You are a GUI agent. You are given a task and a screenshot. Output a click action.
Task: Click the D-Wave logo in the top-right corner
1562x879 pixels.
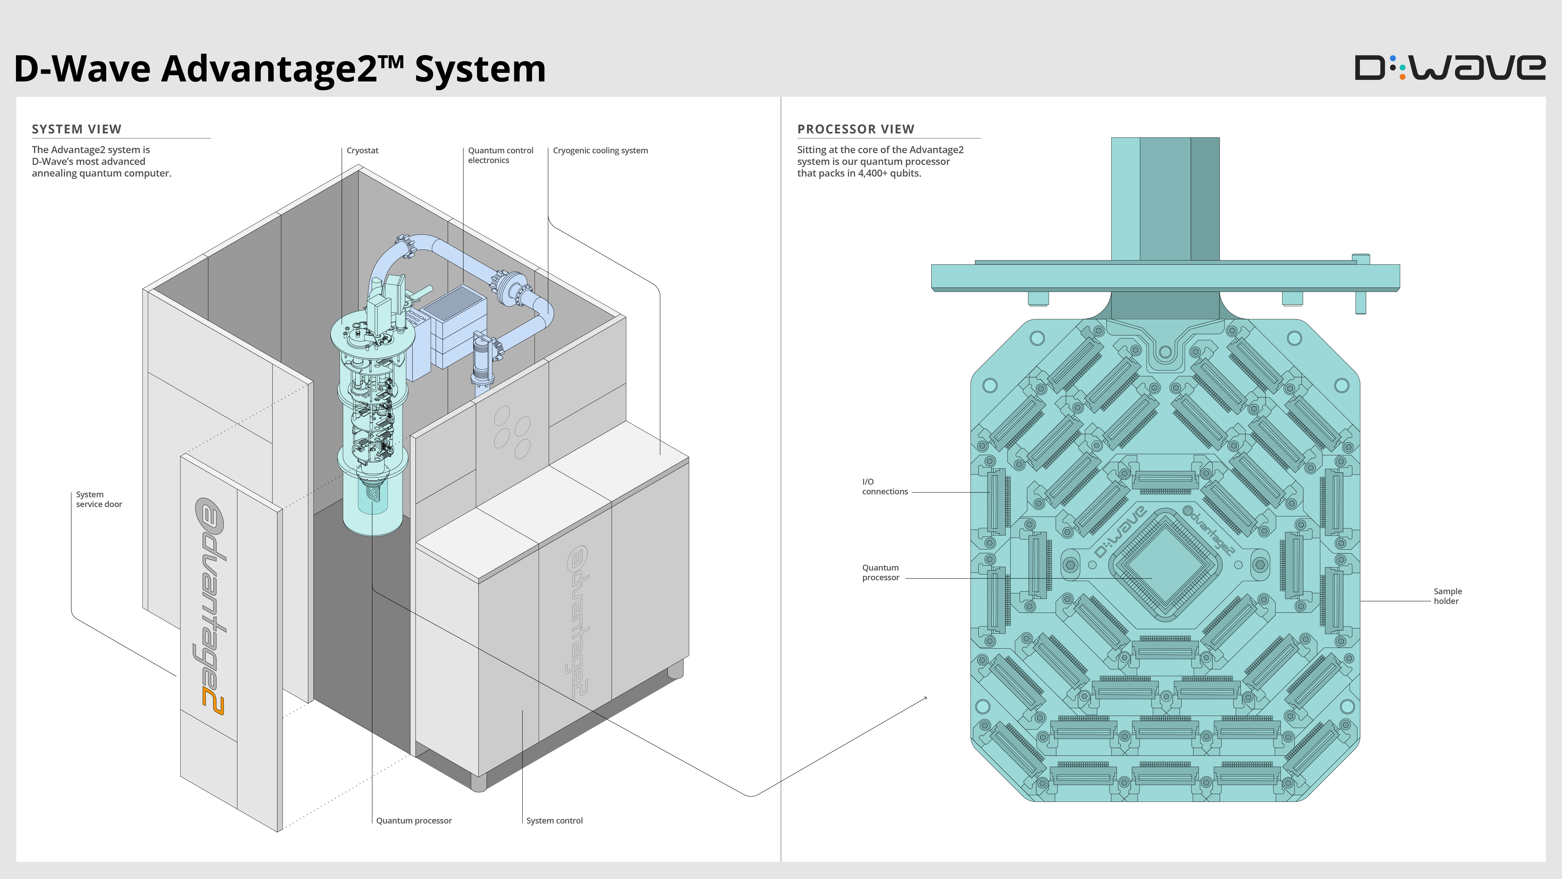click(1449, 68)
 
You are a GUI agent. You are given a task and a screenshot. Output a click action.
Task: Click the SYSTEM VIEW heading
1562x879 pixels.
click(76, 129)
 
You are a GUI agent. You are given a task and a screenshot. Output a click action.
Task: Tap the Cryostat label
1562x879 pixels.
click(362, 150)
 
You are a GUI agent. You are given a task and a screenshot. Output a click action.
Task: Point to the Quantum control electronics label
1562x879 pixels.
click(500, 155)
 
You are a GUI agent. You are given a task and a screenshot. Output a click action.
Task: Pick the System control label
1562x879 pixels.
click(554, 821)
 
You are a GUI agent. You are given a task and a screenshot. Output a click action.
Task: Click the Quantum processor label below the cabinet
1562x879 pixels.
click(413, 821)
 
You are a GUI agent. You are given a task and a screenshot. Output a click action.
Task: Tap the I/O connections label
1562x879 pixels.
click(885, 487)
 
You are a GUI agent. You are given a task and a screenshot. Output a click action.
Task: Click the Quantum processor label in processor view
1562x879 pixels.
click(880, 573)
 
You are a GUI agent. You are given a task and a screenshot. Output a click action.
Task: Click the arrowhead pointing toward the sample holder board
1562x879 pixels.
click(925, 698)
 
